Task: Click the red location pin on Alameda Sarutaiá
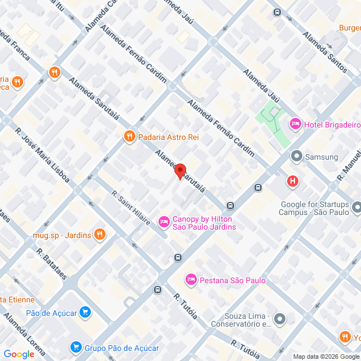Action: (180, 171)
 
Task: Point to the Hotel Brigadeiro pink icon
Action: (294, 124)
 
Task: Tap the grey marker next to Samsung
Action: (296, 156)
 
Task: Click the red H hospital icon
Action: (292, 181)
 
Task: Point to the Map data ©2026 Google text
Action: (325, 356)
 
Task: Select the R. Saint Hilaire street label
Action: (131, 208)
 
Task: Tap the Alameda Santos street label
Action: (324, 51)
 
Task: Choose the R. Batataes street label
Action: (51, 264)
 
